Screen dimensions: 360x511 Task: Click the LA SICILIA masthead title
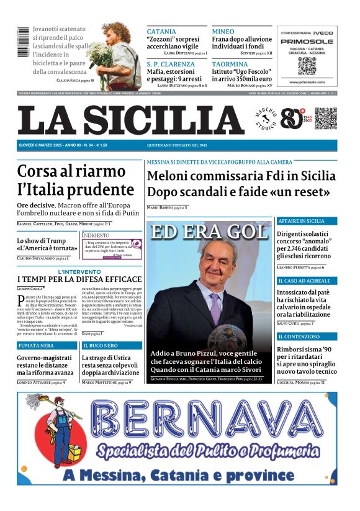tap(131, 120)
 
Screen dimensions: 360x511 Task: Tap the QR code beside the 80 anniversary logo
tap(325, 119)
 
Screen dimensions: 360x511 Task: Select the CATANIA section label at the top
tap(161, 32)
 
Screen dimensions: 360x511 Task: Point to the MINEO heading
tap(223, 32)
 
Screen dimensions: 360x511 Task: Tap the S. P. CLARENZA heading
tap(171, 64)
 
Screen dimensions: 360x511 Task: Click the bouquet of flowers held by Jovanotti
tap(98, 53)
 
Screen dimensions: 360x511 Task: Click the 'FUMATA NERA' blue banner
tap(47, 345)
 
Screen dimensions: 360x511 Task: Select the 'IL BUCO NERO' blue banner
tap(112, 345)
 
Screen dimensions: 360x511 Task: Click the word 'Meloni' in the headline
tap(171, 176)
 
